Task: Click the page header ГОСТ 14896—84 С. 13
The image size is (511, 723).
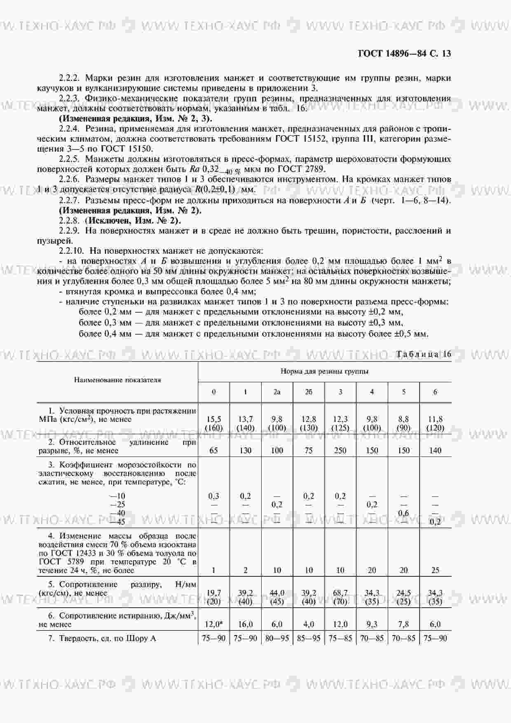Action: pyautogui.click(x=404, y=54)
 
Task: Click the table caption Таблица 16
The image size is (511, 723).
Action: pyautogui.click(x=424, y=354)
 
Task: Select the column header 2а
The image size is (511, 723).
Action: pyautogui.click(x=277, y=392)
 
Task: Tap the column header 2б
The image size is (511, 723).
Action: pyautogui.click(x=309, y=392)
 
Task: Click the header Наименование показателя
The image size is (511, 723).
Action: pyautogui.click(x=117, y=380)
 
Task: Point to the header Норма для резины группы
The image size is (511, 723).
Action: pyautogui.click(x=324, y=371)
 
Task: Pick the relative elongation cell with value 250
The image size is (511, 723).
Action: pyautogui.click(x=340, y=450)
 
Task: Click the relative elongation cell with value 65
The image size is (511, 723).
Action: pyautogui.click(x=213, y=450)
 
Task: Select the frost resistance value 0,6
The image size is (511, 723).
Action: pyautogui.click(x=403, y=513)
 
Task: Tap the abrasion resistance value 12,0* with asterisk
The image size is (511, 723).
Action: pyautogui.click(x=213, y=624)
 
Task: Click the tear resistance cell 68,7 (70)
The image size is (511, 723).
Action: pyautogui.click(x=340, y=597)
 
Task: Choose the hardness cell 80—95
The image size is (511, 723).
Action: pyautogui.click(x=277, y=639)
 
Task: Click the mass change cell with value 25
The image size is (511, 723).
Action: pyautogui.click(x=435, y=570)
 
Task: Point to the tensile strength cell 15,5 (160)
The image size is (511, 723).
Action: pyautogui.click(x=213, y=424)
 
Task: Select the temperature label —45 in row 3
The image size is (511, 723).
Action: pyautogui.click(x=117, y=522)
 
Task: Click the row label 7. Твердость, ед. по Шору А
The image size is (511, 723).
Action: pyautogui.click(x=102, y=639)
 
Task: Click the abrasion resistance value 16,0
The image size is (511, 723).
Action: pyautogui.click(x=245, y=624)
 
